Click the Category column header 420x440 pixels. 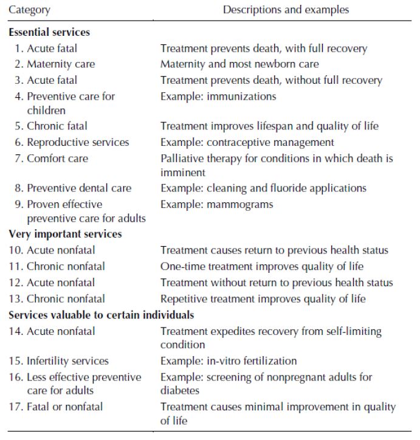29,10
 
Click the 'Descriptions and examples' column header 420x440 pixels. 286,10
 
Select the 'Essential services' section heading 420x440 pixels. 49,32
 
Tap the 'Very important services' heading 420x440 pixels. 65,234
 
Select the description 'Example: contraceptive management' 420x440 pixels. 247,142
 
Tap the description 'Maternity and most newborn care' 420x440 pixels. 239,64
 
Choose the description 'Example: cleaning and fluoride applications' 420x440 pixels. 263,188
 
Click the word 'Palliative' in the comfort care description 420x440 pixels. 181,158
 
